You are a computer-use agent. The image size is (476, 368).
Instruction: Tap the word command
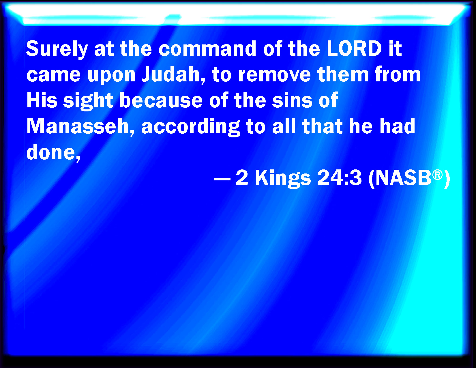pyautogui.click(x=207, y=48)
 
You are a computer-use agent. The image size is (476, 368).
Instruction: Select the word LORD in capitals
pyautogui.click(x=354, y=48)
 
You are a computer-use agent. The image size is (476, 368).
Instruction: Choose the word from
pyautogui.click(x=397, y=74)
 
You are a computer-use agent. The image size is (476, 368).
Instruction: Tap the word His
pyautogui.click(x=42, y=100)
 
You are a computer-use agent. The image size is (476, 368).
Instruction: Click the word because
pyautogui.click(x=161, y=100)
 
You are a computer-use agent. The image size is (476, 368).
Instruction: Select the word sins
pyautogui.click(x=292, y=100)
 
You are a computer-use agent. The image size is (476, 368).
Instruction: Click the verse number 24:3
pyautogui.click(x=339, y=178)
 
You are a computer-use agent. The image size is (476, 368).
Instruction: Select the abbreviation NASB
pyautogui.click(x=403, y=178)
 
